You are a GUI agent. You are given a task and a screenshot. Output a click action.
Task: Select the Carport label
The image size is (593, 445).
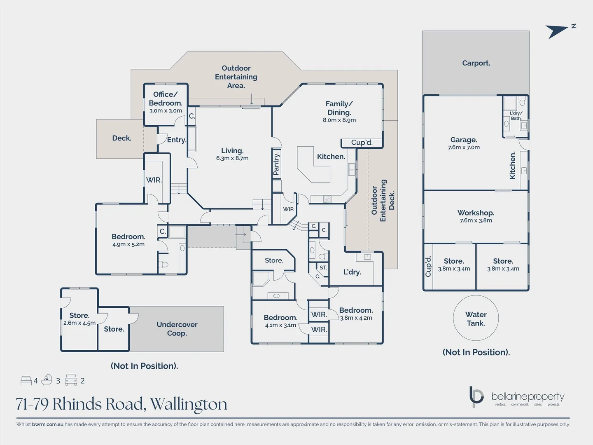click(x=476, y=63)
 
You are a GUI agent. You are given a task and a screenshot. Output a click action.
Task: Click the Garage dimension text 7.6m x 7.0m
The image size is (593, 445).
click(x=464, y=148)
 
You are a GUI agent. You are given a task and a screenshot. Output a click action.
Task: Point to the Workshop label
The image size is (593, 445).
click(x=476, y=213)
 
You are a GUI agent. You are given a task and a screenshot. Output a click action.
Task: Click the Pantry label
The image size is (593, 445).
click(x=276, y=164)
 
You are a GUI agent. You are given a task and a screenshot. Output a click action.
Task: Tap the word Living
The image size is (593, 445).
click(x=232, y=151)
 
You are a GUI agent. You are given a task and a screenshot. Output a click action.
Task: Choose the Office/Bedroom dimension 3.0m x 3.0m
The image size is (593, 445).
click(x=166, y=111)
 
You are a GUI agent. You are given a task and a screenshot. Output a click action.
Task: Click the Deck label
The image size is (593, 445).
click(x=121, y=138)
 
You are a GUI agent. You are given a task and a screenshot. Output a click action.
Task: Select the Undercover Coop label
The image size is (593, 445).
click(x=177, y=329)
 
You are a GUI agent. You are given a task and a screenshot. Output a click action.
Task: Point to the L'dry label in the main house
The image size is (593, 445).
click(x=352, y=272)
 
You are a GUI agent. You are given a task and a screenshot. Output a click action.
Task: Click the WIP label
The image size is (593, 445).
click(x=288, y=209)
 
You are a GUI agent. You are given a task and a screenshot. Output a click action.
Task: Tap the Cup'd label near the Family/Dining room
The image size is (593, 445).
click(x=362, y=143)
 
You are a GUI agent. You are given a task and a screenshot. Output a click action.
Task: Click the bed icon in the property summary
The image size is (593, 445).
click(x=26, y=380)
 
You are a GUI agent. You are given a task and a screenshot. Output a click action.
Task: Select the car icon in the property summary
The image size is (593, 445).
click(x=71, y=380)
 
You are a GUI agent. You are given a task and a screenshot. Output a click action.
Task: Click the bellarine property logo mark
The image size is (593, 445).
click(x=476, y=396)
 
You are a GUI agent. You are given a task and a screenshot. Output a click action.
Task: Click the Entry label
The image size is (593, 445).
click(x=176, y=140)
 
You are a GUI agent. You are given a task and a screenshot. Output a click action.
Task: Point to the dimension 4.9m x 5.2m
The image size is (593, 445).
click(x=128, y=244)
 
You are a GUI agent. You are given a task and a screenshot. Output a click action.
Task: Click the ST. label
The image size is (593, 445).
click(x=323, y=268)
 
